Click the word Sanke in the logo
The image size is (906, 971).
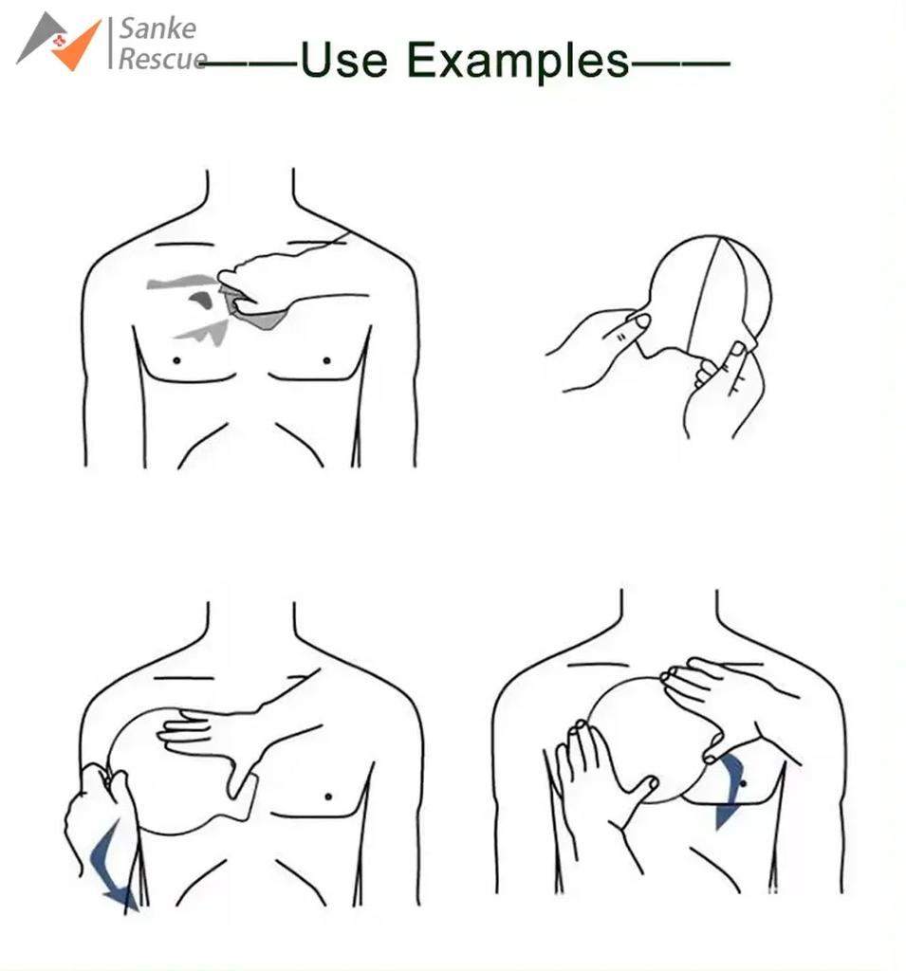[157, 27]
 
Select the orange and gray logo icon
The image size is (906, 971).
[60, 41]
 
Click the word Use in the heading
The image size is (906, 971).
[343, 61]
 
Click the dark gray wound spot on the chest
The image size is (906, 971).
[200, 300]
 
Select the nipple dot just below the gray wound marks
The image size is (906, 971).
[177, 360]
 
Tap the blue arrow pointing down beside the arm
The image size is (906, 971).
[112, 868]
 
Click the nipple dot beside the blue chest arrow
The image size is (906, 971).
[744, 780]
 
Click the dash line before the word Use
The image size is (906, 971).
[250, 64]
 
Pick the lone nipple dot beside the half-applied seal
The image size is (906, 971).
[328, 796]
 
